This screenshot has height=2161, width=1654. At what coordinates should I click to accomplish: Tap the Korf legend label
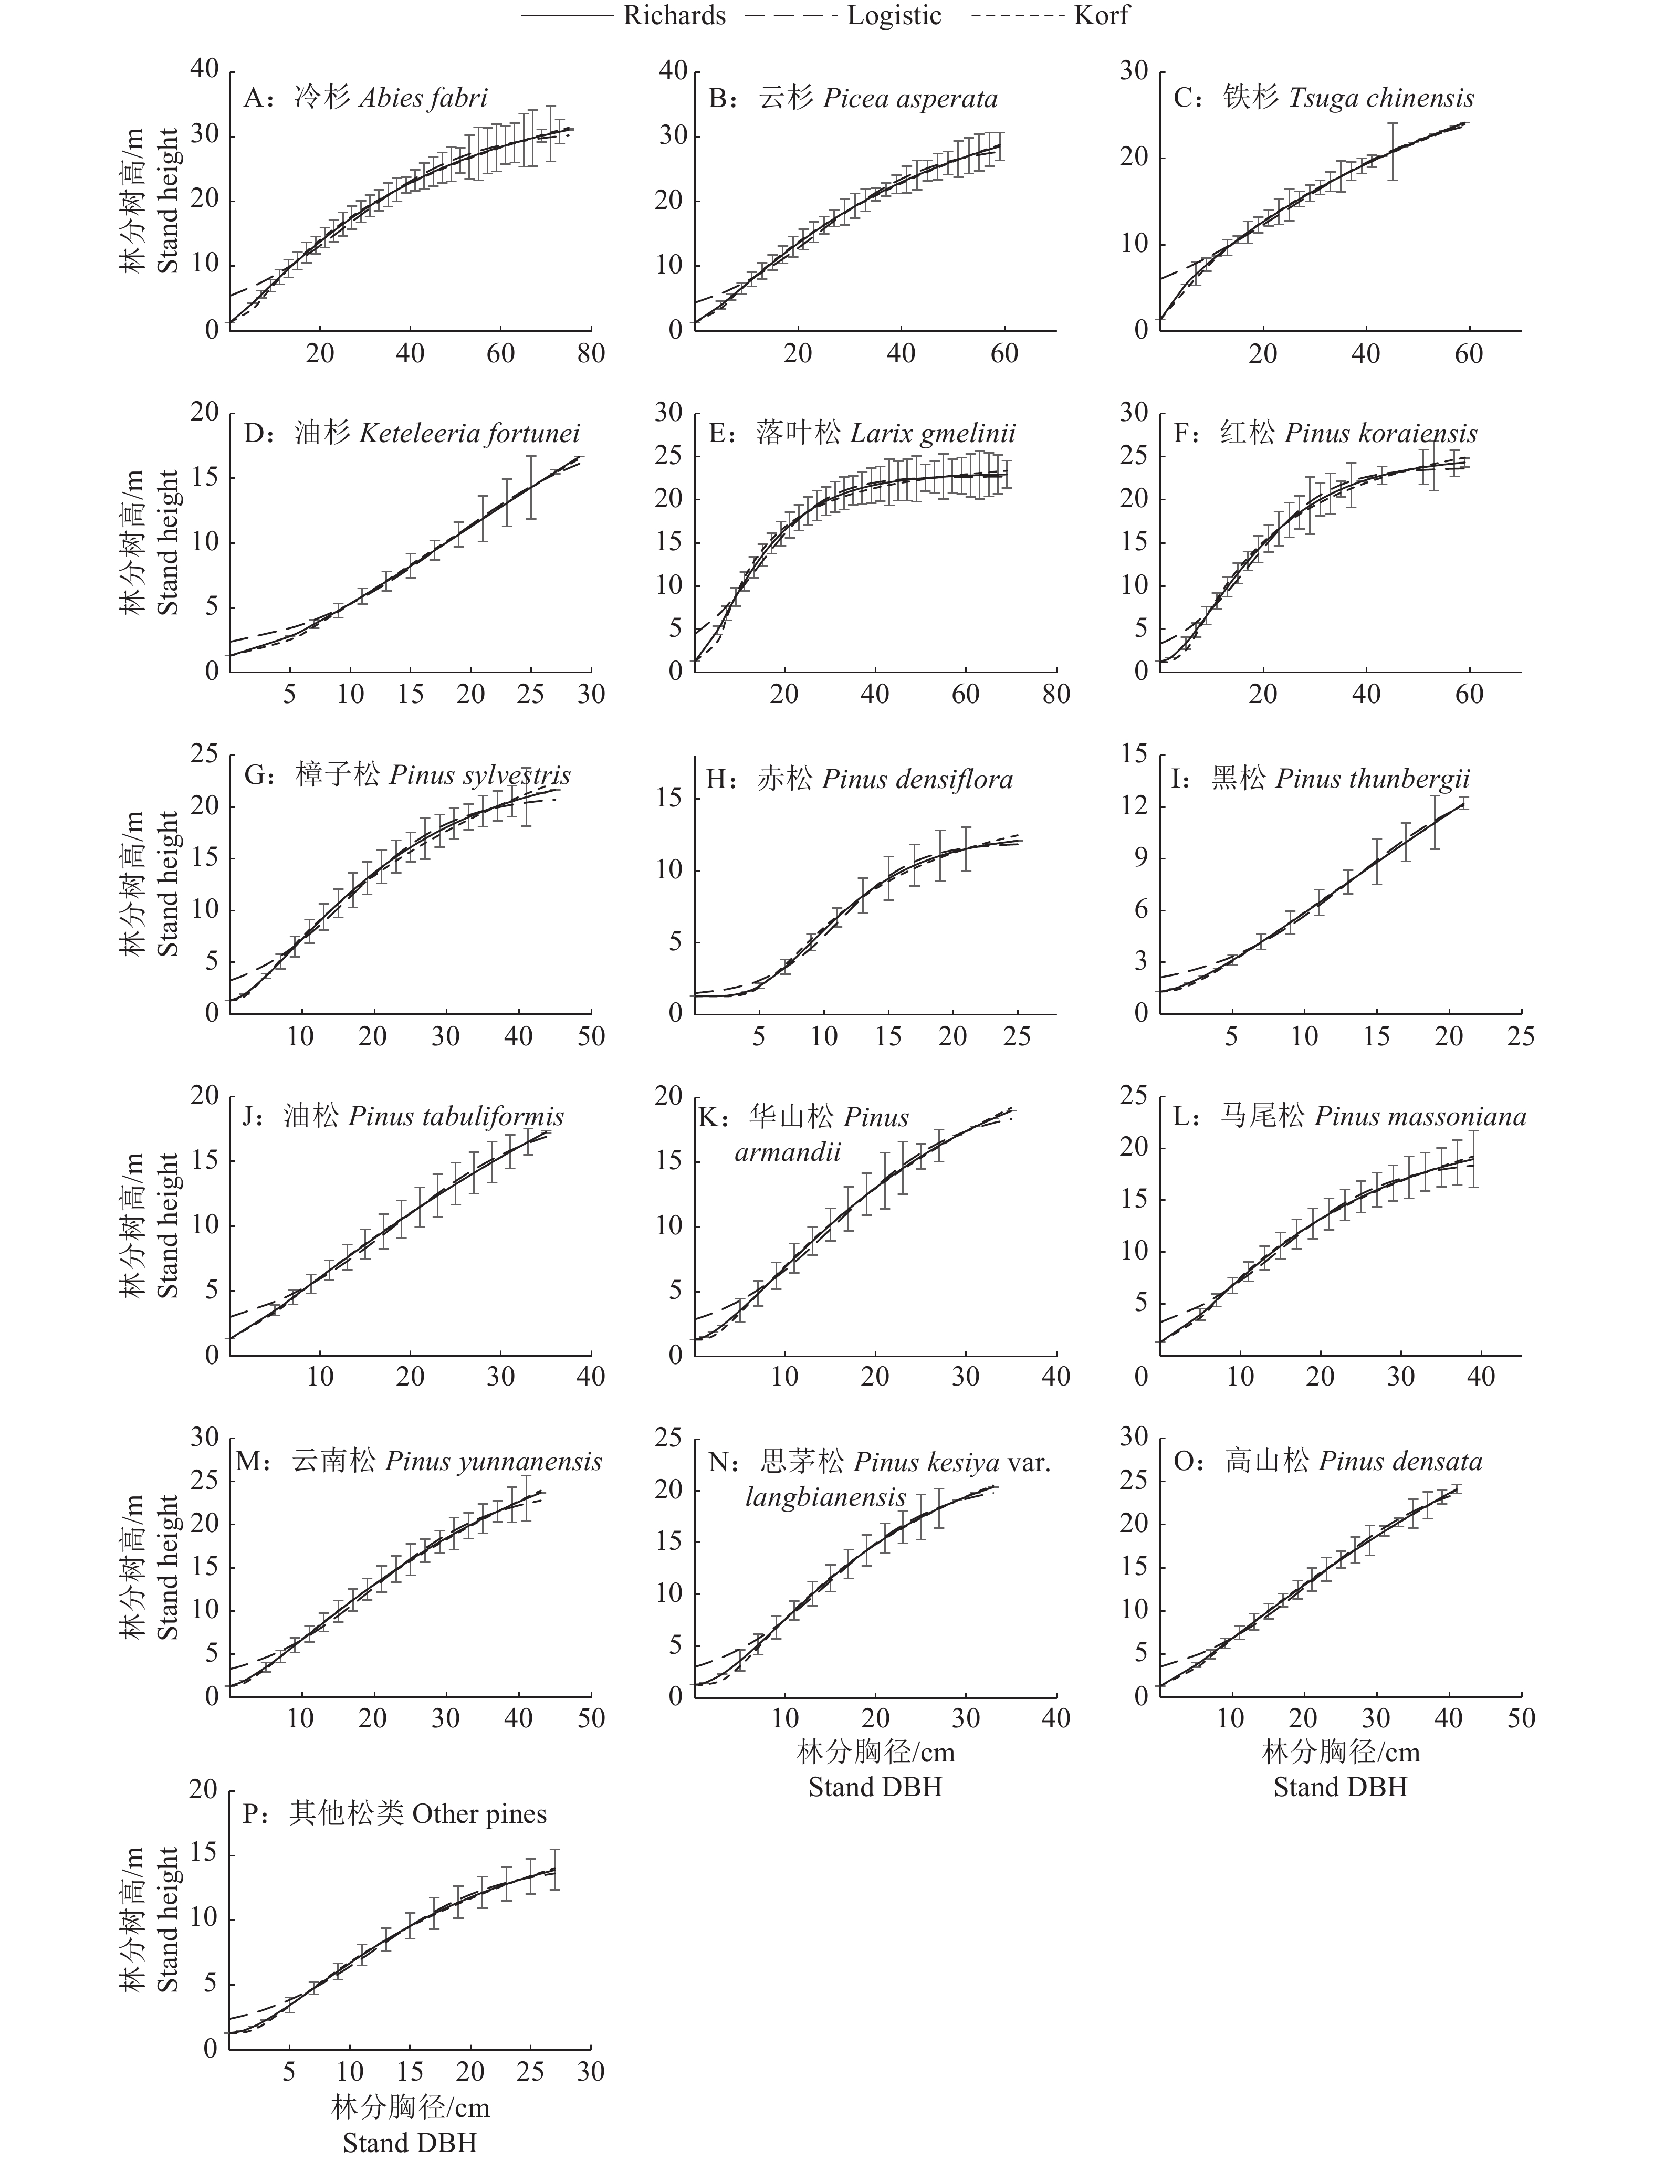click(1101, 16)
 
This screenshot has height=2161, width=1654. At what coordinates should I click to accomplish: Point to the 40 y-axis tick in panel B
click(673, 71)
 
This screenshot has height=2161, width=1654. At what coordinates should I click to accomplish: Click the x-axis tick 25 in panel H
click(1017, 1037)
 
